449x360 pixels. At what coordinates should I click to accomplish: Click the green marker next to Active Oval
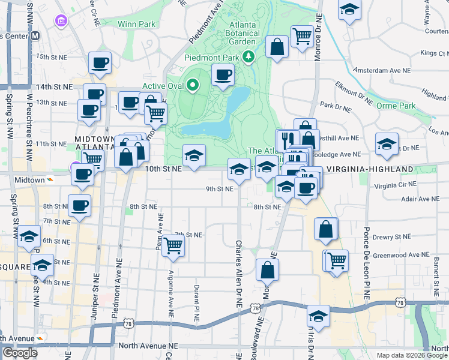(x=193, y=85)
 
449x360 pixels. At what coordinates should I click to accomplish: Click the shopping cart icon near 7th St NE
(x=173, y=244)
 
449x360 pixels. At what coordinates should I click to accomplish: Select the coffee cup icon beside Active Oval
(x=223, y=75)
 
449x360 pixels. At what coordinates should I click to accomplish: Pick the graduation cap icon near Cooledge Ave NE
(x=387, y=143)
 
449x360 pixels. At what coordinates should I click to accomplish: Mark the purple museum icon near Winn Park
(x=61, y=22)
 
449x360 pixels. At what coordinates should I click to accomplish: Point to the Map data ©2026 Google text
(x=411, y=355)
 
